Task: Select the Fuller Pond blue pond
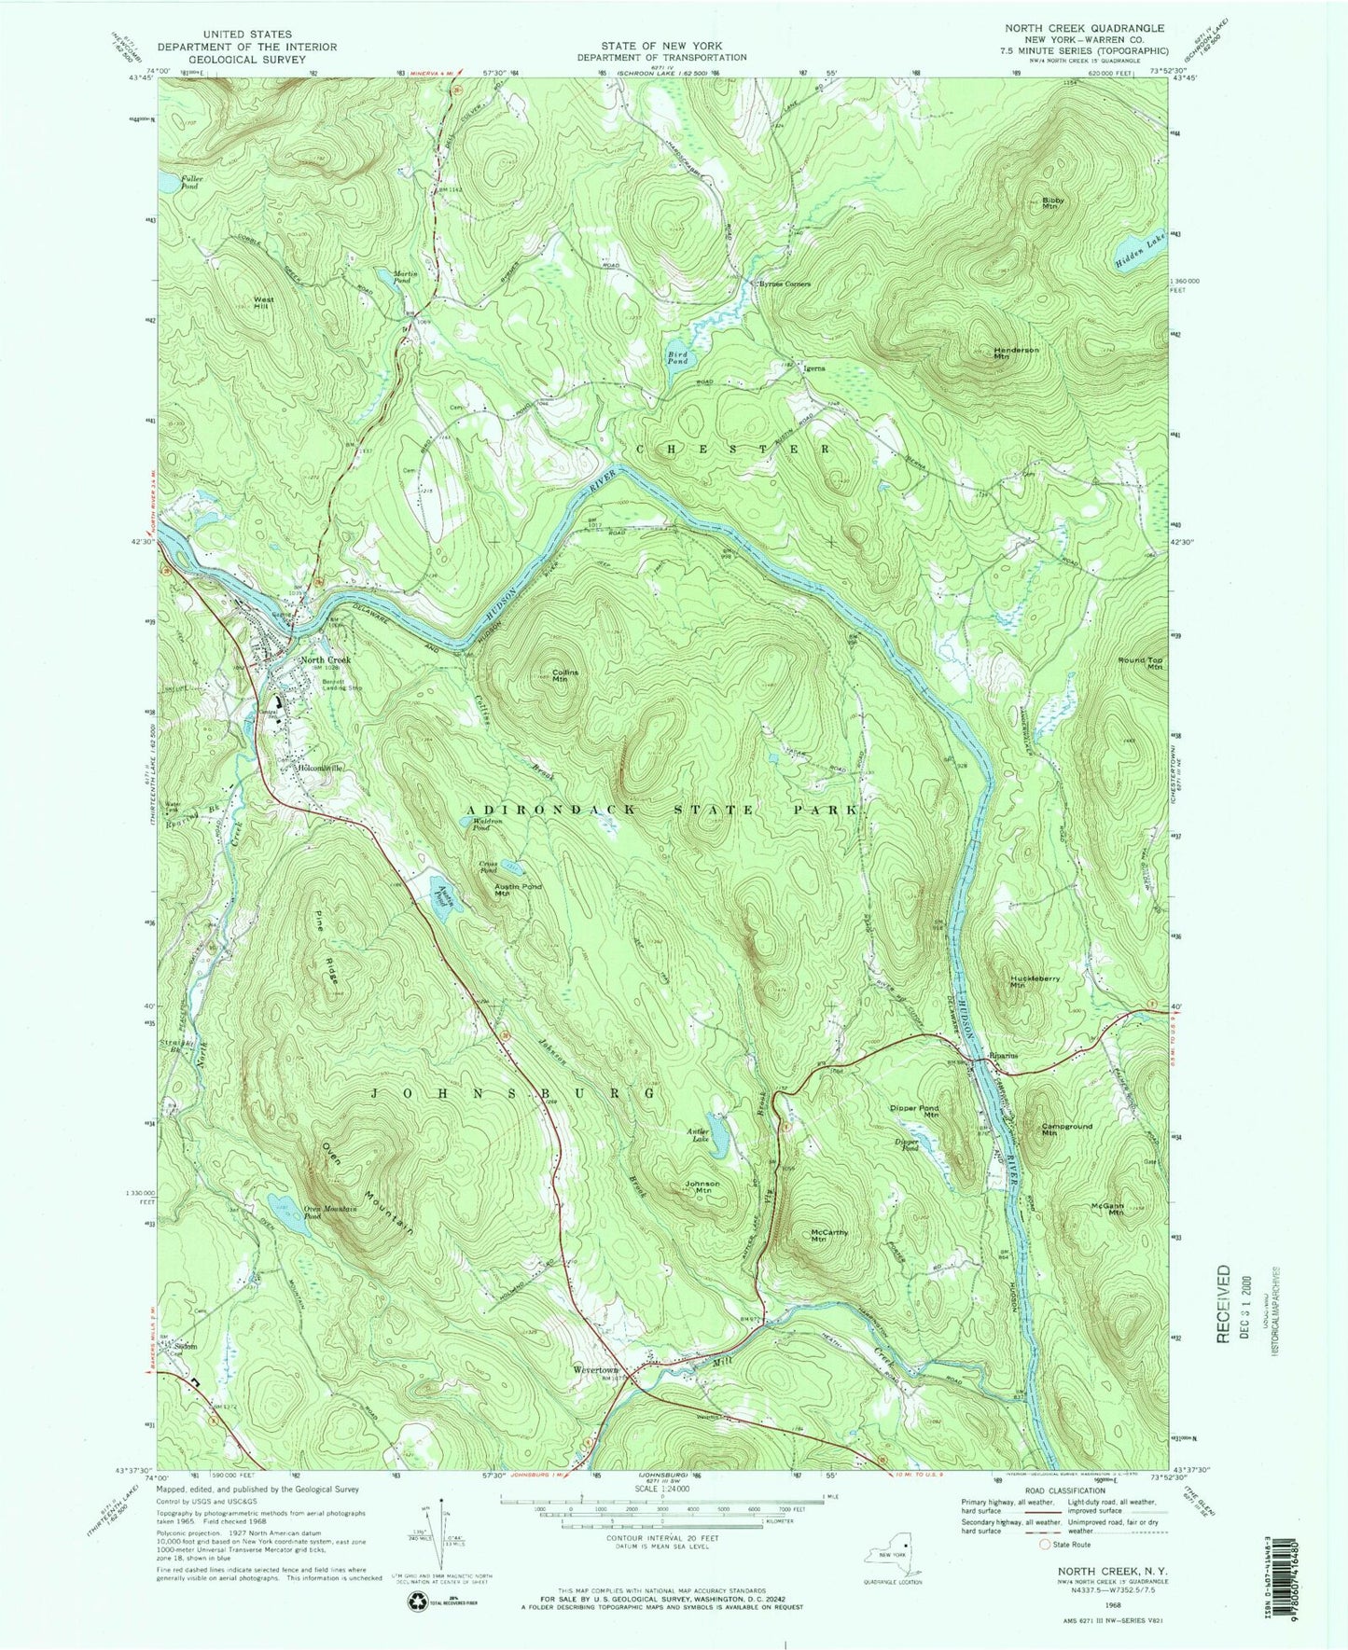[x=167, y=184]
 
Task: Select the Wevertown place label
[x=598, y=1371]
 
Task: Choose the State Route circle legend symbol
[x=1043, y=1571]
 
